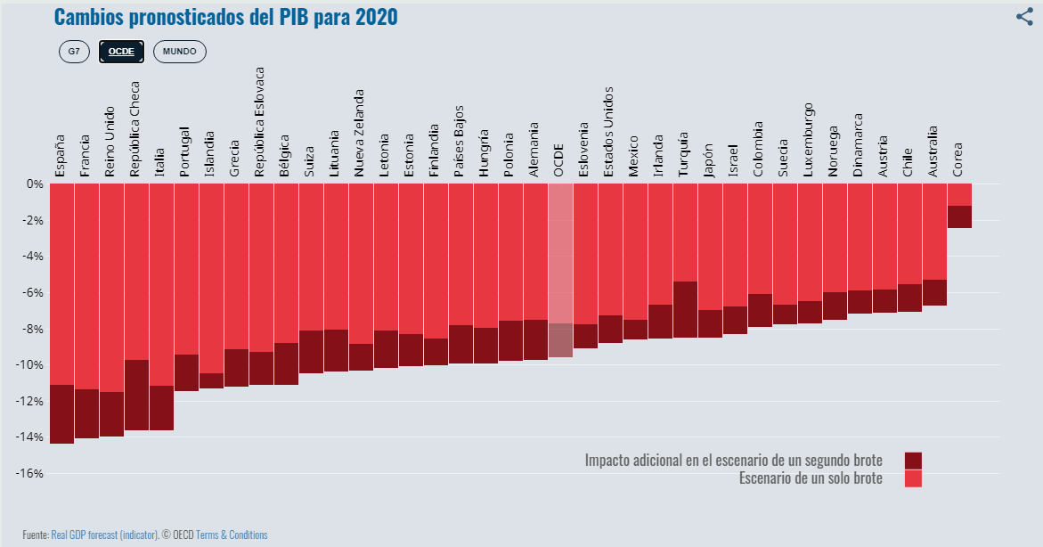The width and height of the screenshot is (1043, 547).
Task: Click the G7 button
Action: pyautogui.click(x=74, y=52)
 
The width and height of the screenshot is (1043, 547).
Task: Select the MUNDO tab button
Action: pyautogui.click(x=179, y=52)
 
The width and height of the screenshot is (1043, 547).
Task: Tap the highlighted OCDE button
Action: pyautogui.click(x=121, y=52)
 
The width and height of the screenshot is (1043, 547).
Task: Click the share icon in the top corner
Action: pyautogui.click(x=1024, y=16)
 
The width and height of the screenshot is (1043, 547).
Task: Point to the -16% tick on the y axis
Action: pyautogui.click(x=30, y=473)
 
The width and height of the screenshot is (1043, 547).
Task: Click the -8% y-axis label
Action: pyautogui.click(x=33, y=329)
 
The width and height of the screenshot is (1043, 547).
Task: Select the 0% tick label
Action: pyautogui.click(x=35, y=184)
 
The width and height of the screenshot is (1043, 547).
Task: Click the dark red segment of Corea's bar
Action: pyautogui.click(x=959, y=216)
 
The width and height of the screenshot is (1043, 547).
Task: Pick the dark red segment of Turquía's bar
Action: pyautogui.click(x=685, y=309)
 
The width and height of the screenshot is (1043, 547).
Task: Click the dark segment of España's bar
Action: pyautogui.click(x=62, y=413)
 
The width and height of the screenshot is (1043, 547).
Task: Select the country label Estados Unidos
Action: pyautogui.click(x=608, y=131)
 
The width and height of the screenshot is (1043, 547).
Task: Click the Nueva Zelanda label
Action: pyautogui.click(x=359, y=132)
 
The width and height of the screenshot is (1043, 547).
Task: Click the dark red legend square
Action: pyautogui.click(x=913, y=461)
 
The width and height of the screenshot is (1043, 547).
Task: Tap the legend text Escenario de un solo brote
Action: pyautogui.click(x=811, y=478)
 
